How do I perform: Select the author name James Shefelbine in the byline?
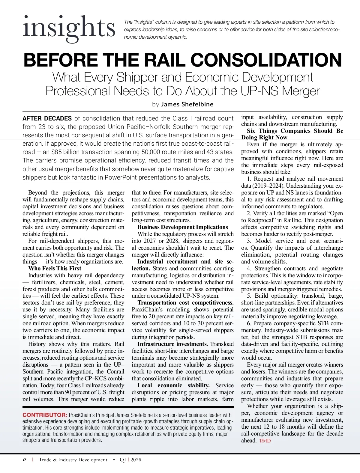[187, 104]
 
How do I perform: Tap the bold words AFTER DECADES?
[47, 118]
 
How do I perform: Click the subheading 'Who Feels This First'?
[55, 268]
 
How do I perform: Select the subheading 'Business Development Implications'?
[183, 227]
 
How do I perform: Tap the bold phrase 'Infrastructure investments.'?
[172, 344]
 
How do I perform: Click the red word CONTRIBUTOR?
[45, 415]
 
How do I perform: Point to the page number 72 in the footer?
[25, 460]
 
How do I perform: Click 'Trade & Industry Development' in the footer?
[73, 460]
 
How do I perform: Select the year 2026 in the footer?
[136, 460]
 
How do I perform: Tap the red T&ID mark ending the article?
[265, 441]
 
